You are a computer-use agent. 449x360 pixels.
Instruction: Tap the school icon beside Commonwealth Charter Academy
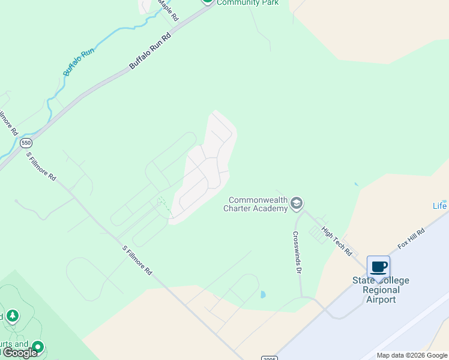coord(296,204)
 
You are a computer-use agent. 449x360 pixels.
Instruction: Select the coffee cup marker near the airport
coord(378,266)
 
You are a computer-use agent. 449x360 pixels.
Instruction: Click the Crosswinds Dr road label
coord(297,253)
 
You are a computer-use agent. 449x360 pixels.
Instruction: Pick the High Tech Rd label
coord(337,241)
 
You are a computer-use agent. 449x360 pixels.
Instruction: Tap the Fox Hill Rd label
coord(411,238)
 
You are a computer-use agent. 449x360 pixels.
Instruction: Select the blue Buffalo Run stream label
coord(79,62)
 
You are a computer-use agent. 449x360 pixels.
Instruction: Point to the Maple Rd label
coord(168,11)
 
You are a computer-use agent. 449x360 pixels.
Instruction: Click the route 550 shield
coord(25,143)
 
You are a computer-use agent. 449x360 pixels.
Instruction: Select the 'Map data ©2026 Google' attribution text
coord(412,355)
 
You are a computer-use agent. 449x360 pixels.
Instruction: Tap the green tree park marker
coord(12,316)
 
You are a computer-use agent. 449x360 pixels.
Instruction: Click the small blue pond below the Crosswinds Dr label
coord(263,295)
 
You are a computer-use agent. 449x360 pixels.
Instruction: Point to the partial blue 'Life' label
coord(440,206)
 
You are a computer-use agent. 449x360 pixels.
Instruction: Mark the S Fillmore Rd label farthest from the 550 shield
coord(137,260)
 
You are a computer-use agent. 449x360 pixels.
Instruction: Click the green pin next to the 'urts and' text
coord(38,347)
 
